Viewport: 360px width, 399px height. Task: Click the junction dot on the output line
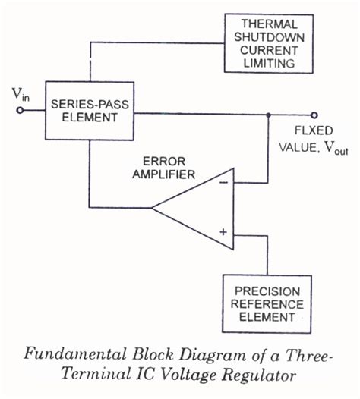[268, 115]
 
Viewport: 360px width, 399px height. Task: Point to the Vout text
[332, 149]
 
